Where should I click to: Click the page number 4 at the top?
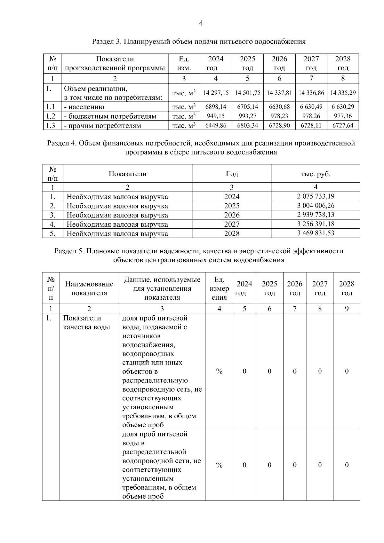(x=201, y=23)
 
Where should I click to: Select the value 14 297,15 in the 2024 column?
(x=216, y=93)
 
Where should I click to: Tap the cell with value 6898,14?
(x=216, y=106)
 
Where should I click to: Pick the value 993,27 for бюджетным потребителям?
(x=247, y=116)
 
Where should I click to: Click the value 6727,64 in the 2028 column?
(x=343, y=125)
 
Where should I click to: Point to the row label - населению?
(x=84, y=107)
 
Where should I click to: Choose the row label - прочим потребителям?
(x=102, y=126)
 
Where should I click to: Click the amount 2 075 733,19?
(x=316, y=196)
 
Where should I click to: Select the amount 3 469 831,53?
(x=316, y=233)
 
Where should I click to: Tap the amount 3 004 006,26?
(x=316, y=206)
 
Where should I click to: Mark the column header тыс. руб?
(x=316, y=174)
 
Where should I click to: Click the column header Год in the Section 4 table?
(x=232, y=174)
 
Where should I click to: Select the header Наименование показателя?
(x=89, y=288)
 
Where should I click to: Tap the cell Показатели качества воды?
(x=86, y=322)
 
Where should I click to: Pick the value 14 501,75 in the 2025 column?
(x=247, y=93)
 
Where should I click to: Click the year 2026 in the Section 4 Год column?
(x=232, y=215)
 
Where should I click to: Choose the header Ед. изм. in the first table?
(x=184, y=63)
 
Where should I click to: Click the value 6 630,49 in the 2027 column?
(x=311, y=106)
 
